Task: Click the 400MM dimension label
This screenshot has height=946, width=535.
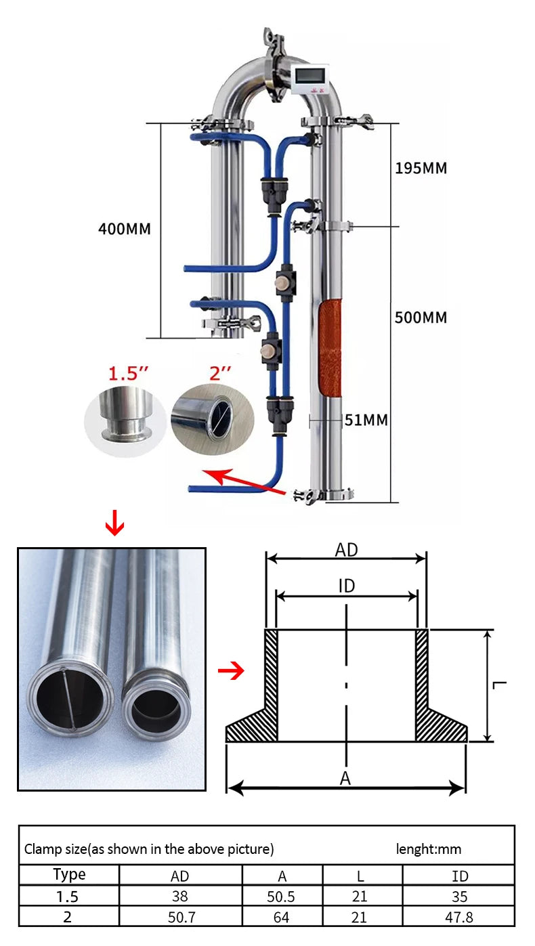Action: [x=124, y=229]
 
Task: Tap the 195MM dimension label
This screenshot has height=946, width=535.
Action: [x=421, y=168]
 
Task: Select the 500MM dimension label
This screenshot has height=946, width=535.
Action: [x=421, y=318]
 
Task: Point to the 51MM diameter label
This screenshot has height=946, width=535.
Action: [x=366, y=421]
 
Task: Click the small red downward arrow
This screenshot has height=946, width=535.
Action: [x=116, y=525]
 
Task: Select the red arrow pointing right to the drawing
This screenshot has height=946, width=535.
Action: [x=231, y=672]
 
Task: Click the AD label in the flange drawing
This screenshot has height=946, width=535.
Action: [x=346, y=550]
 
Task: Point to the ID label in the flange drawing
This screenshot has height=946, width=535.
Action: [x=346, y=586]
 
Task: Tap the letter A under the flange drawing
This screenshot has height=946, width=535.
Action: [x=345, y=779]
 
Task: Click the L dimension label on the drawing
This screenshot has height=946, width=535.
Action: [x=500, y=685]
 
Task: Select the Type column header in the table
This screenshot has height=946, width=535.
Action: [x=69, y=874]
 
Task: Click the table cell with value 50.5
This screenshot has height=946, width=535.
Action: [x=282, y=897]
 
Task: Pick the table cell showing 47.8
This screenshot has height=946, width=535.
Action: [x=459, y=917]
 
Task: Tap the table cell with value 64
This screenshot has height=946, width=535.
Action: [x=282, y=917]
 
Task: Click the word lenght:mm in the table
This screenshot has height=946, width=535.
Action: [x=428, y=848]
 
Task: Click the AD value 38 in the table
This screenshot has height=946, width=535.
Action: [x=180, y=897]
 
